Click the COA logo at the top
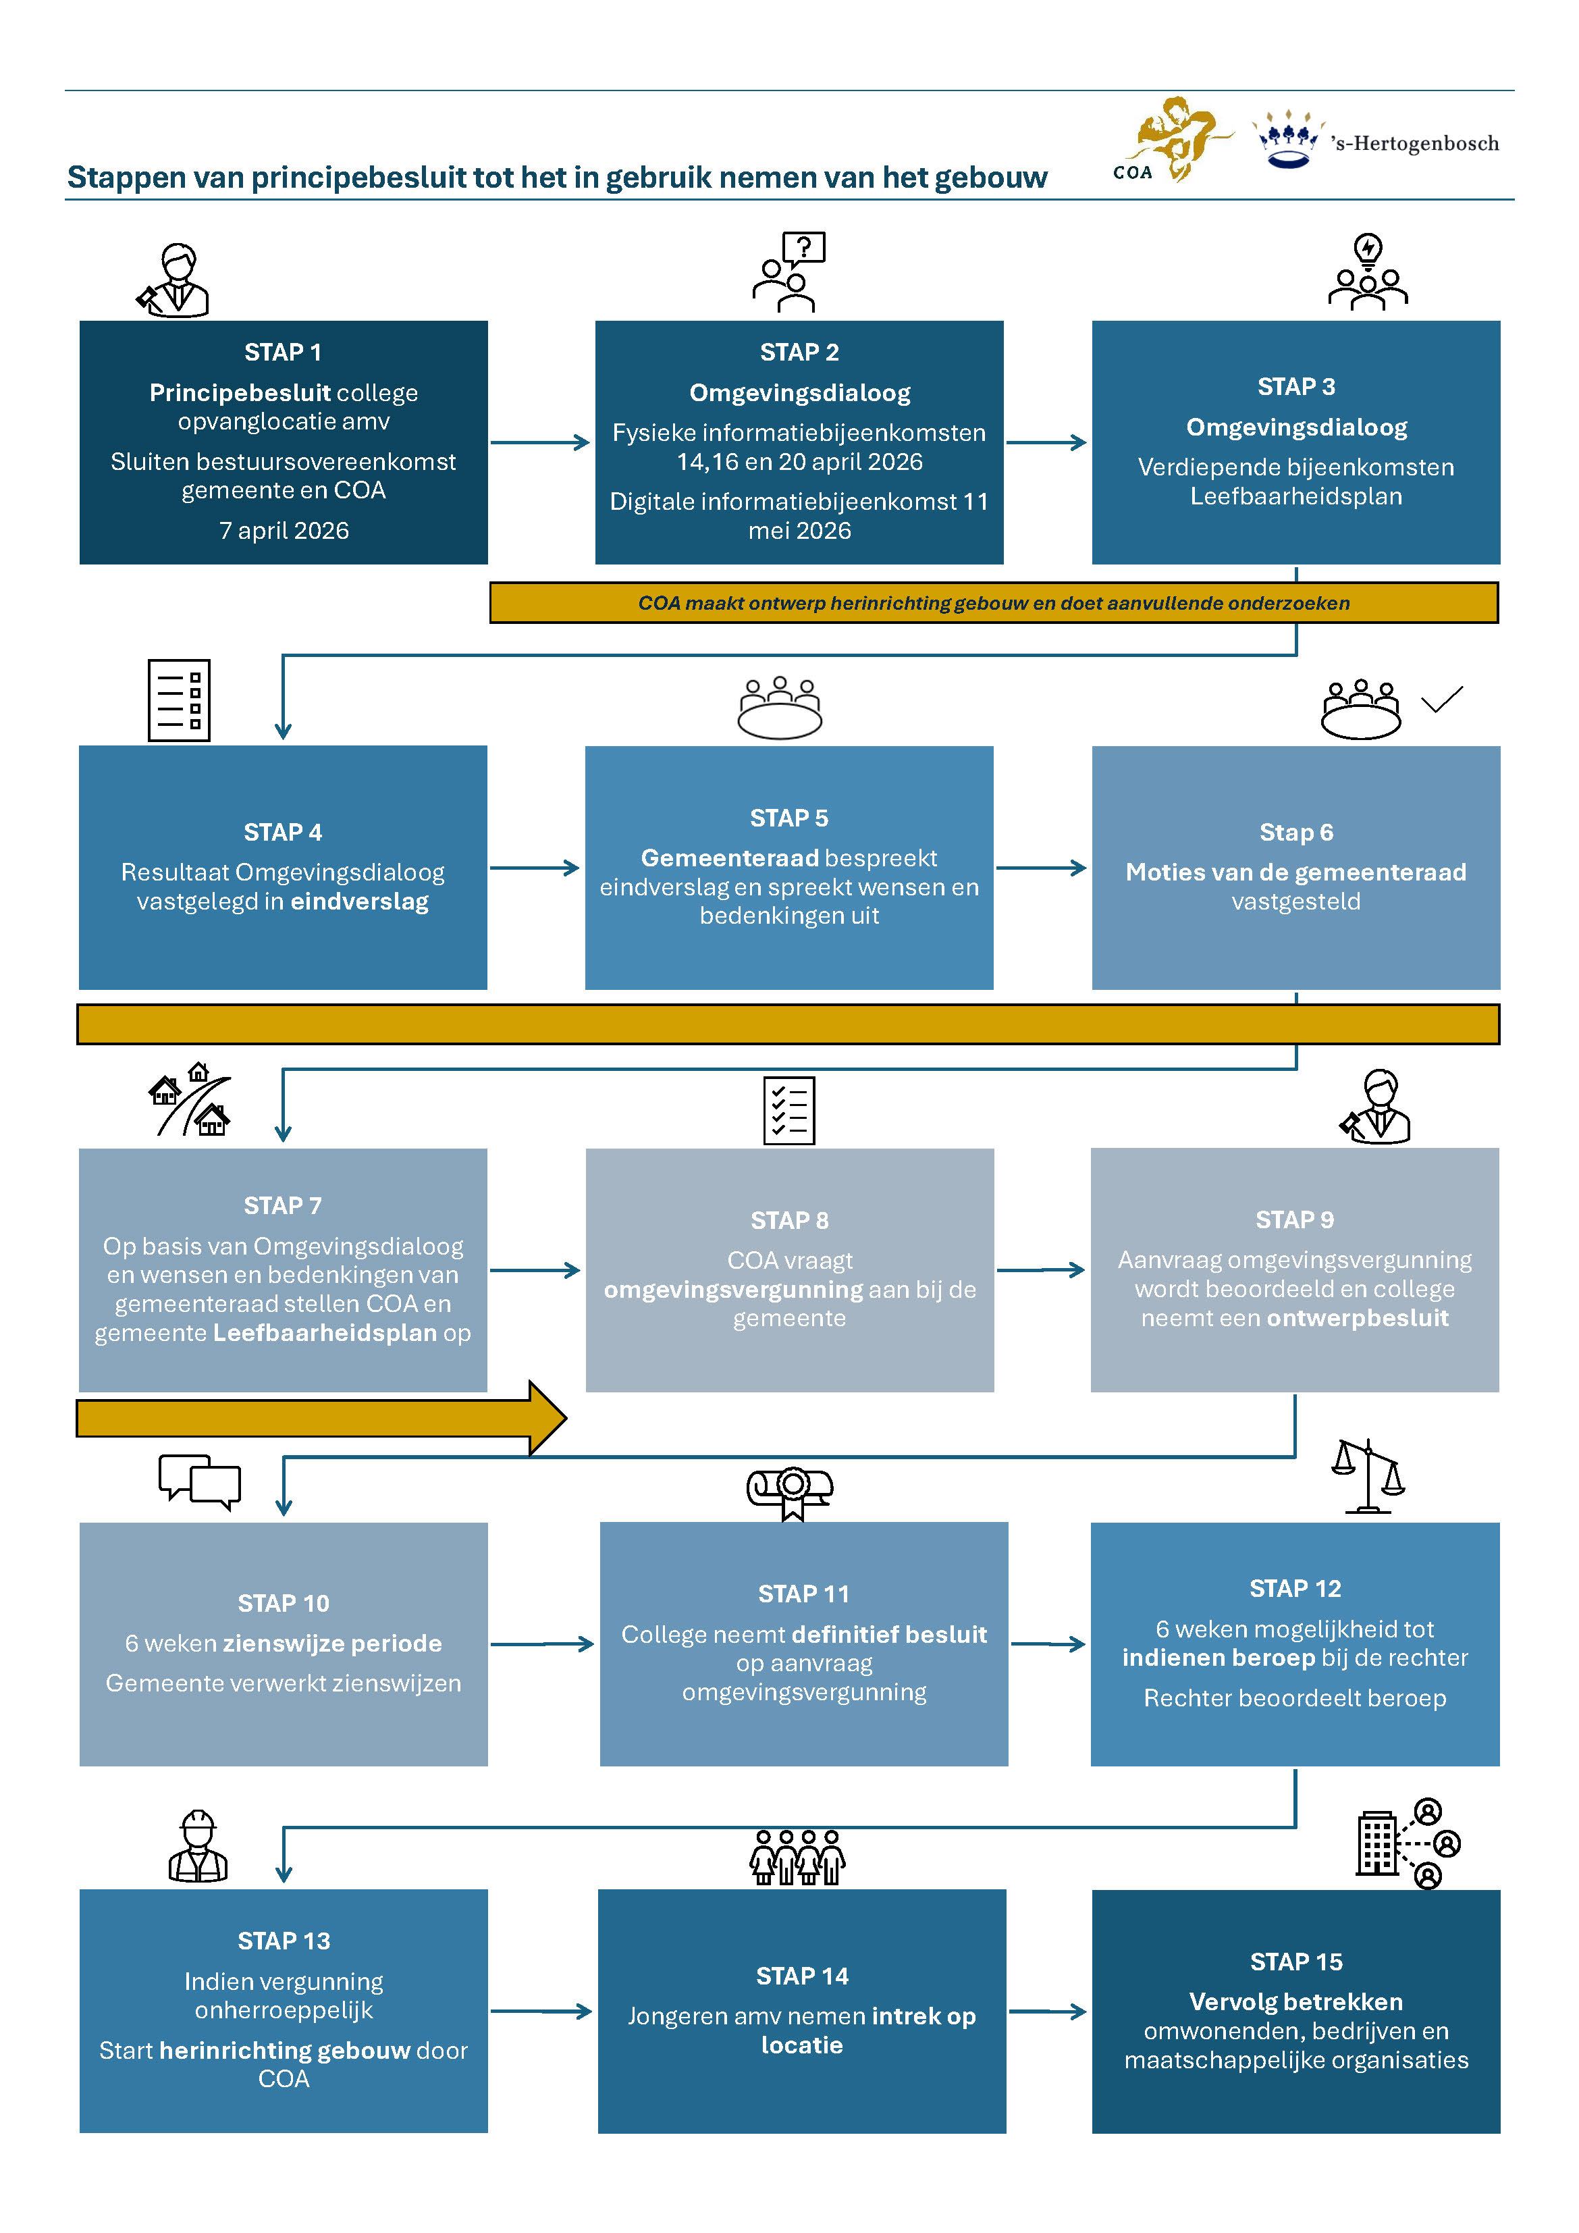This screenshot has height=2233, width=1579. (1172, 139)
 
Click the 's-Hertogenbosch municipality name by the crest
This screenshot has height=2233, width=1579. (1415, 144)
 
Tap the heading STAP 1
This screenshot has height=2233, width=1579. (283, 352)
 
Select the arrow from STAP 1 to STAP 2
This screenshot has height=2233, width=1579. (541, 442)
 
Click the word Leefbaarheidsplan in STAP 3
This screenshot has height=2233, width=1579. (1296, 496)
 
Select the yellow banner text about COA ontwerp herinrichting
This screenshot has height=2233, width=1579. (994, 603)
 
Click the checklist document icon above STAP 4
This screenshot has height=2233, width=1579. (179, 700)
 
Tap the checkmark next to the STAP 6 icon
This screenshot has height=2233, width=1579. (1442, 700)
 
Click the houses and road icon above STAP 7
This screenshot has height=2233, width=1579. (190, 1100)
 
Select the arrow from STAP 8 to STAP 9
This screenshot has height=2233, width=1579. (1040, 1270)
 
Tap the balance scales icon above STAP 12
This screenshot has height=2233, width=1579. (1368, 1476)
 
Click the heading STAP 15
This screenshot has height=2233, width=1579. (1296, 1962)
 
